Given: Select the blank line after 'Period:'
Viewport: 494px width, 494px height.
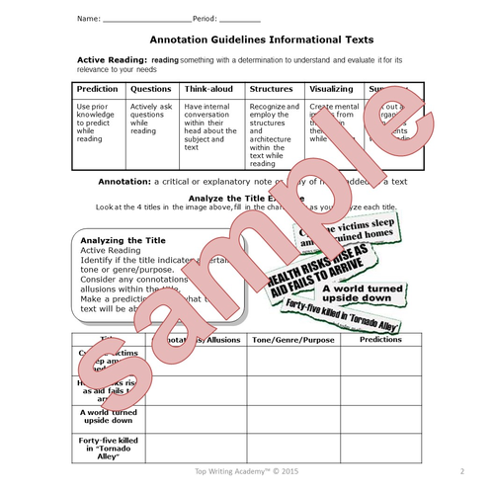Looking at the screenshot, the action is point(243,20).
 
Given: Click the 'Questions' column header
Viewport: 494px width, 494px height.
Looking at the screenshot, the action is point(151,88).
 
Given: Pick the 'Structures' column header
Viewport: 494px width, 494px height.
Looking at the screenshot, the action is point(272,88).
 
